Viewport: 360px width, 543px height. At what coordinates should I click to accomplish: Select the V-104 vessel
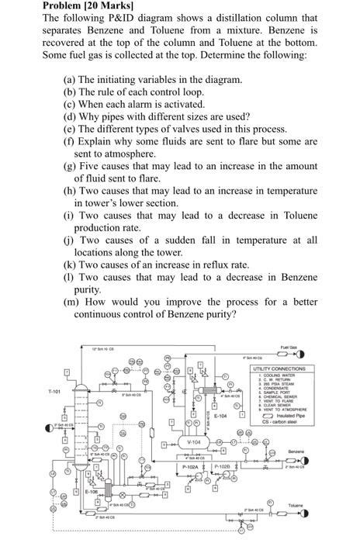pyautogui.click(x=195, y=441)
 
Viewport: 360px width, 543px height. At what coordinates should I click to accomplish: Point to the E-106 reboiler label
pyautogui.click(x=90, y=492)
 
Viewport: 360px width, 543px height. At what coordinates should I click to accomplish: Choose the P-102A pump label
pyautogui.click(x=191, y=467)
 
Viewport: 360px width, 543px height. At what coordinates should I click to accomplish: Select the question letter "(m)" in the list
pyautogui.click(x=65, y=302)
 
